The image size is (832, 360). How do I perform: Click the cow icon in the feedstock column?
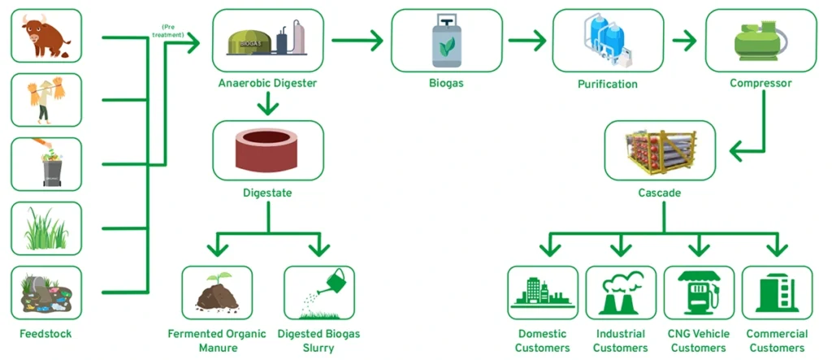pyautogui.click(x=46, y=36)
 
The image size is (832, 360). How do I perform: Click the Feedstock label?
pyautogui.click(x=46, y=334)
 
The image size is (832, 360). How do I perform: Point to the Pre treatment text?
pyautogui.click(x=172, y=30)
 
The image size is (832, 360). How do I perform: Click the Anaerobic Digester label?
pyautogui.click(x=267, y=83)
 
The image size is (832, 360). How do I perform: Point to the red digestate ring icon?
pyautogui.click(x=267, y=150)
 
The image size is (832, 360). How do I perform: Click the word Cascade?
pyautogui.click(x=659, y=193)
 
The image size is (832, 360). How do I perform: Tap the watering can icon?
pyautogui.click(x=318, y=292)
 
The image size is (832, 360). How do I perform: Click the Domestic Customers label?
pyautogui.click(x=543, y=340)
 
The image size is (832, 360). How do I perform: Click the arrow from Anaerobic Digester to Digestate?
pyautogui.click(x=267, y=103)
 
